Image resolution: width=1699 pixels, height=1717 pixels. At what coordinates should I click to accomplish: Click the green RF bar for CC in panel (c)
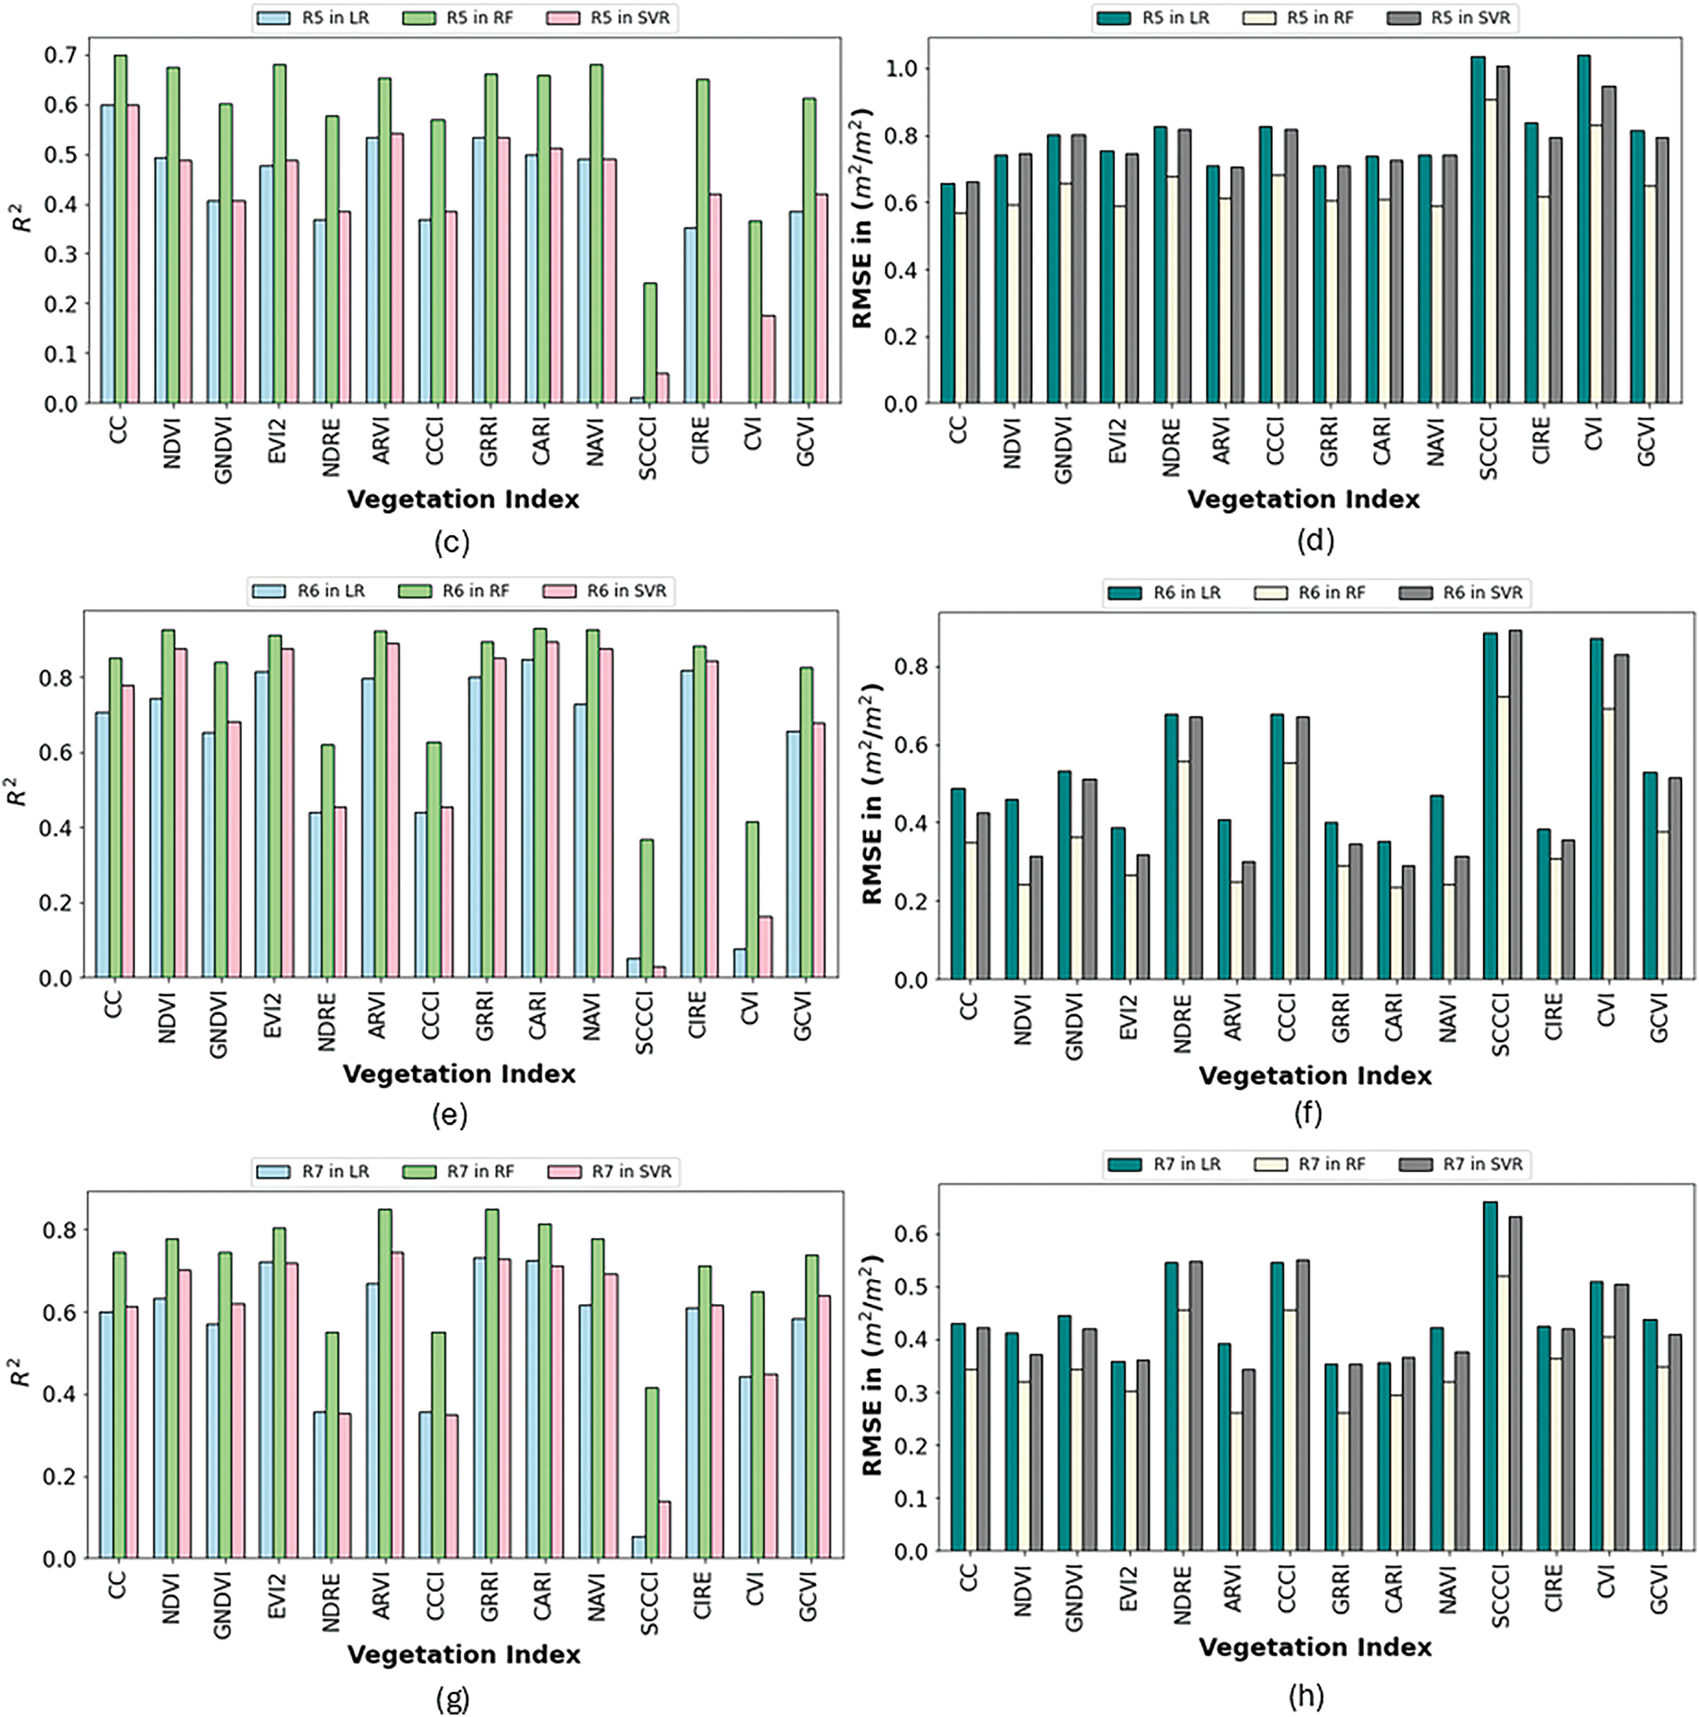pyautogui.click(x=120, y=229)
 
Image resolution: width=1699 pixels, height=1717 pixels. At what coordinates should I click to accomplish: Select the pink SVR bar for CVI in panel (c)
pyautogui.click(x=768, y=359)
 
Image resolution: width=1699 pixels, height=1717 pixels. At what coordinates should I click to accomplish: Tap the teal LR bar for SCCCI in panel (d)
pyautogui.click(x=1478, y=230)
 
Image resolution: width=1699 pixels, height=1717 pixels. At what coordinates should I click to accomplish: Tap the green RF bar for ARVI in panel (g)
pyautogui.click(x=384, y=1383)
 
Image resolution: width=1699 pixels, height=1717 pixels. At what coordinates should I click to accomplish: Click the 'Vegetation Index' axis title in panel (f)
pyautogui.click(x=1315, y=1075)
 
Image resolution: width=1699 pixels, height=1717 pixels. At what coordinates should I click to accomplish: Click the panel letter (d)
pyautogui.click(x=1315, y=541)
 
